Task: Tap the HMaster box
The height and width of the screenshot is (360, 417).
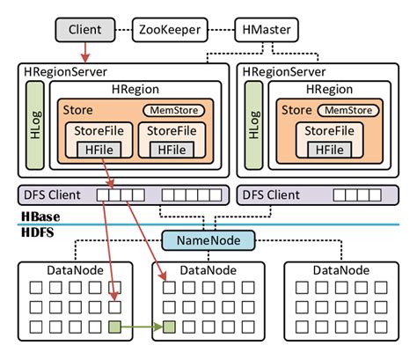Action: click(265, 30)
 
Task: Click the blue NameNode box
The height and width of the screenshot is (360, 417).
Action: click(208, 240)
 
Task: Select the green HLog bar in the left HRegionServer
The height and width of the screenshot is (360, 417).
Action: click(35, 128)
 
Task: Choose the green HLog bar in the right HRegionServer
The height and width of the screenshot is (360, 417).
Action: click(253, 128)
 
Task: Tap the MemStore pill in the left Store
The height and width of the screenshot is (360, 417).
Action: click(174, 110)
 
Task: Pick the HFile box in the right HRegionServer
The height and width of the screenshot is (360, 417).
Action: click(329, 150)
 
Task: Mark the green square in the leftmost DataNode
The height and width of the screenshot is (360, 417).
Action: click(114, 327)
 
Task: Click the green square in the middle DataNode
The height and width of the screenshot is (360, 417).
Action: click(169, 327)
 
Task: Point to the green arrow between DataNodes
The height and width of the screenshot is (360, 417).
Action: click(141, 327)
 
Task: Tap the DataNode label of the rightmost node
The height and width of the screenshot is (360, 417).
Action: click(340, 269)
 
